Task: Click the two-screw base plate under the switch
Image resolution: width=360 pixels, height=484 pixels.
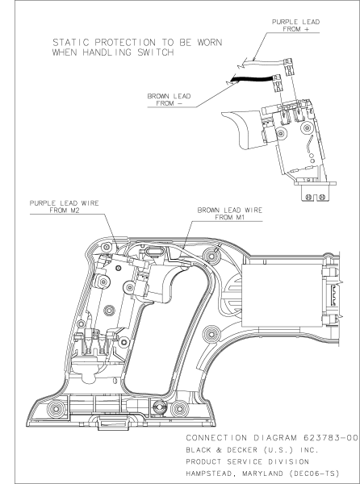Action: pyautogui.click(x=311, y=194)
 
